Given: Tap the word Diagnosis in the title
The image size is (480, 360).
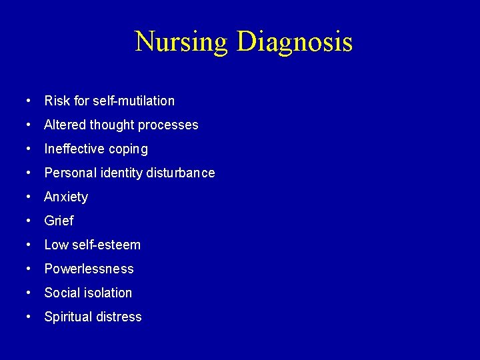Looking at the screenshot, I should click(294, 43).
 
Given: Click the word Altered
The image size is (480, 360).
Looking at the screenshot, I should click(65, 125).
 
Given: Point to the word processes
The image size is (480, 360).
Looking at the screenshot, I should click(169, 125).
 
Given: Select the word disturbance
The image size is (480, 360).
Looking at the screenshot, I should click(181, 173).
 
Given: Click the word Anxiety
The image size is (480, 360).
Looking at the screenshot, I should click(66, 197).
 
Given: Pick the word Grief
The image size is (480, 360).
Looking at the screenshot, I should click(59, 221).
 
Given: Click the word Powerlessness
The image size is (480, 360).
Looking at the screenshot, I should click(89, 269).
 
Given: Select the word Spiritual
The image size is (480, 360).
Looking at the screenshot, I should click(67, 317).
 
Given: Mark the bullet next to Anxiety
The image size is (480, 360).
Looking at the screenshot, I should click(28, 197).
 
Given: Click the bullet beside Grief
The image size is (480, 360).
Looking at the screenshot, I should click(28, 221).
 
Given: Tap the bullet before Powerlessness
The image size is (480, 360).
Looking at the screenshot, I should click(28, 269).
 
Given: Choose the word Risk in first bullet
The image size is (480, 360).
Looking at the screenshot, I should click(57, 101).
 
